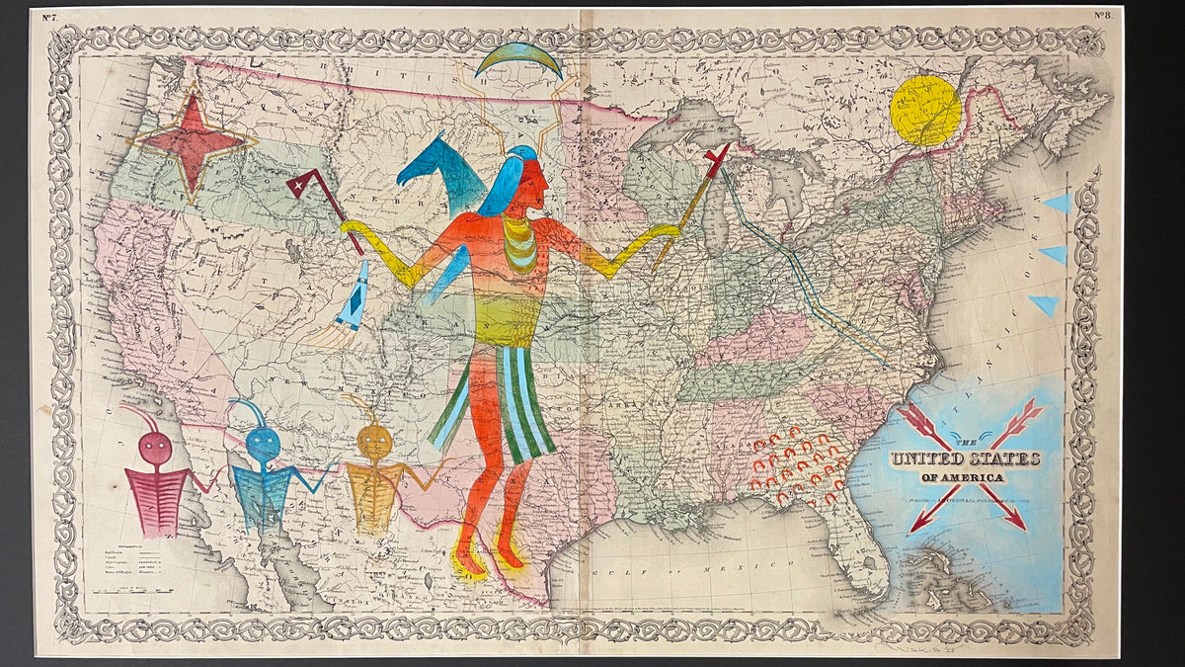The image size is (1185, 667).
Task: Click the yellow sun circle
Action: (x=925, y=111)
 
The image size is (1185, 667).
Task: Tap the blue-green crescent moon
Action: (x=518, y=58)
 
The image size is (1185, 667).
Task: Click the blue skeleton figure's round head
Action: (x=263, y=445)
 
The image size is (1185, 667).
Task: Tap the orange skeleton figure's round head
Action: (x=374, y=442)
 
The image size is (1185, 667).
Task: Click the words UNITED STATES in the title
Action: (x=966, y=459)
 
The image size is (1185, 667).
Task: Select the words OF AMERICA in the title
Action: (x=963, y=478)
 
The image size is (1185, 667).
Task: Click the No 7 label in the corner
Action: (x=47, y=15)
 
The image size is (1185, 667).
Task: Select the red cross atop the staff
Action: (x=717, y=159)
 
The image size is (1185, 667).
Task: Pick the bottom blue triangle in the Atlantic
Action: (x=1045, y=304)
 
